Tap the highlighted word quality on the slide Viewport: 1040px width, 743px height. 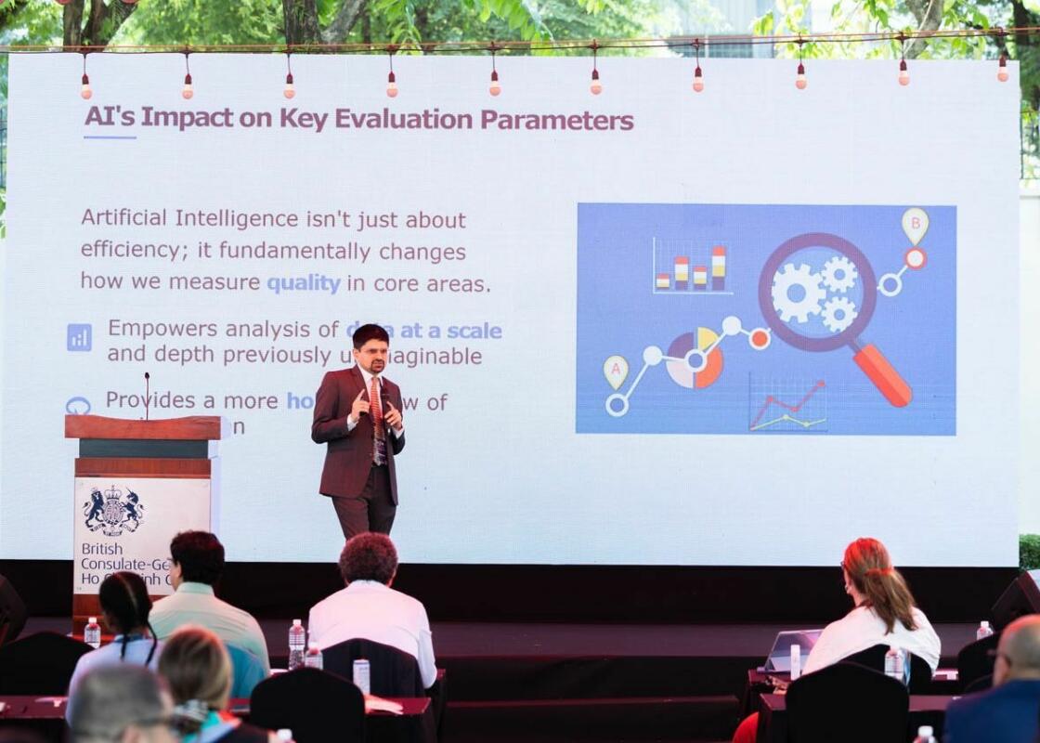pos(304,284)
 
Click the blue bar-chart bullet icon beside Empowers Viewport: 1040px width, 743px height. pos(79,336)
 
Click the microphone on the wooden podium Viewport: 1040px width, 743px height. pos(147,395)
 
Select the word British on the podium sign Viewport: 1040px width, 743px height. pos(102,549)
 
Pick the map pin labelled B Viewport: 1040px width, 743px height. pos(915,224)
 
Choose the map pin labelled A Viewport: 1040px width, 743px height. pos(616,371)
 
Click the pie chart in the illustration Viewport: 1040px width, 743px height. pos(695,359)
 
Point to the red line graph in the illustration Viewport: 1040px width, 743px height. pos(787,403)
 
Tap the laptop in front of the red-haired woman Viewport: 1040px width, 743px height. pos(790,649)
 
